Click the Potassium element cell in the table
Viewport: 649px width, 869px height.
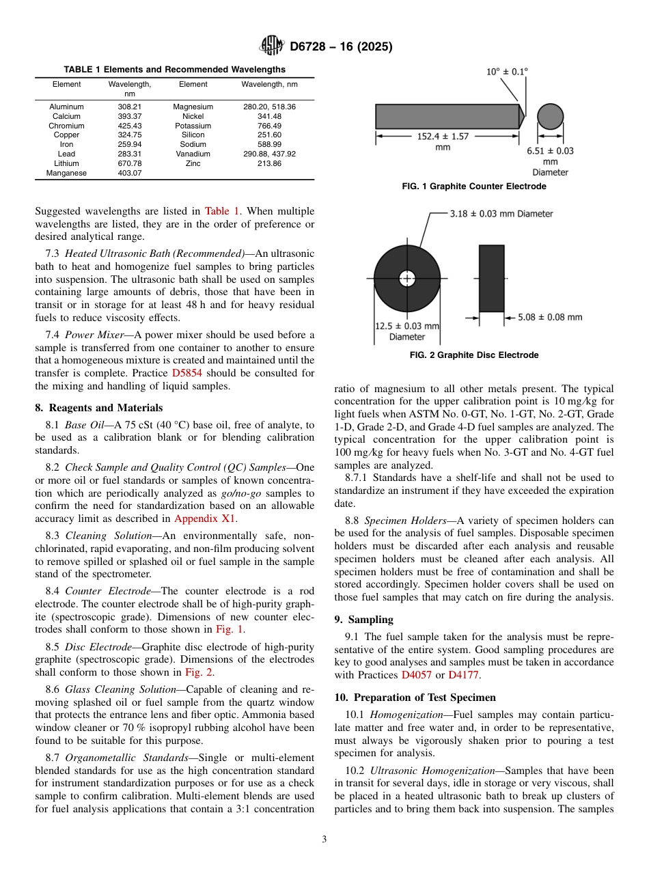point(193,126)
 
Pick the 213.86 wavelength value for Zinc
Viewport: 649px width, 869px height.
point(269,164)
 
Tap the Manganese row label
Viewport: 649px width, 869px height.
point(66,174)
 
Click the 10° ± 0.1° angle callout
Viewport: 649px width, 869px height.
point(507,71)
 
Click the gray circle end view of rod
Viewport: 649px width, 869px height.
point(550,117)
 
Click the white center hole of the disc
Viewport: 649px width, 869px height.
point(407,278)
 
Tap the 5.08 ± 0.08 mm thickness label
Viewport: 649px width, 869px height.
point(550,317)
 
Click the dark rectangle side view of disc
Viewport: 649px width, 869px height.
point(491,278)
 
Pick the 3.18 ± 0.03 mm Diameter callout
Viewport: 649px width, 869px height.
point(501,214)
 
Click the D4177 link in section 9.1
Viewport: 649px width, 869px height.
point(464,675)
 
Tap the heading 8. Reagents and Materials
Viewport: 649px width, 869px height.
point(98,409)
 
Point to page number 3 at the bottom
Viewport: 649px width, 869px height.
point(324,839)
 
